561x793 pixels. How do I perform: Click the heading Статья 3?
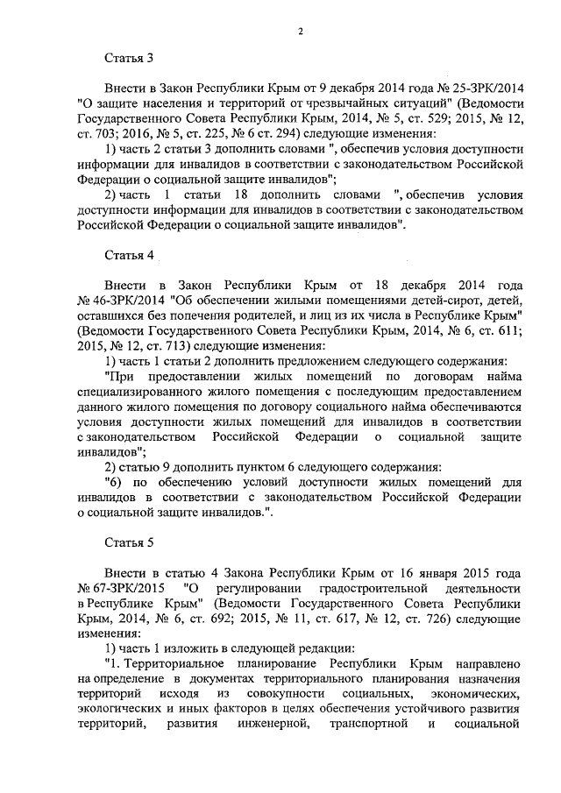pos(128,59)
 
